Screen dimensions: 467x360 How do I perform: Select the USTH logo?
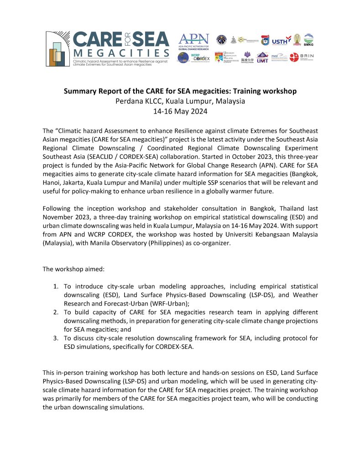279,42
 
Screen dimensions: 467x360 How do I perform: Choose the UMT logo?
262,57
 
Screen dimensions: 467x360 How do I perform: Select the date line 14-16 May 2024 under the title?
180,111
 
